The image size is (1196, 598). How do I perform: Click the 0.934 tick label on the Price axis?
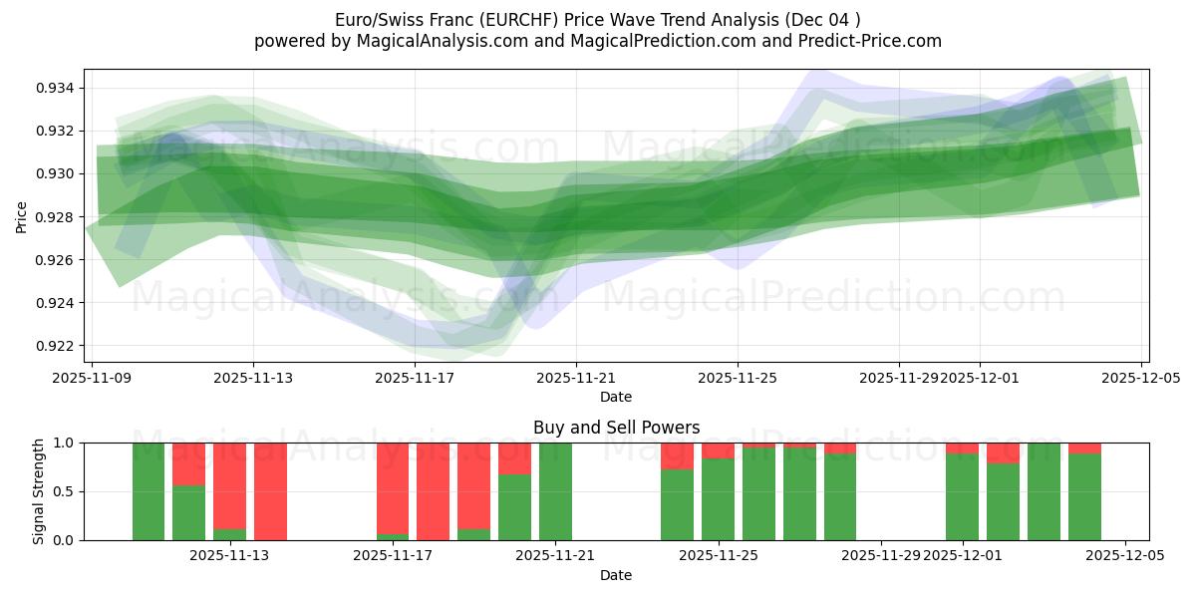[x=56, y=88]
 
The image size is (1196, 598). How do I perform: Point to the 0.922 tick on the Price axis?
[x=56, y=346]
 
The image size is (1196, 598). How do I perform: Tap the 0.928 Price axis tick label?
[x=56, y=217]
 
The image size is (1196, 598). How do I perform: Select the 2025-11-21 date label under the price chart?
[x=576, y=379]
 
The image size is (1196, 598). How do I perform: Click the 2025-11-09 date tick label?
[x=92, y=379]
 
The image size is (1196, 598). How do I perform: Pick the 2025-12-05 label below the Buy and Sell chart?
[x=1125, y=557]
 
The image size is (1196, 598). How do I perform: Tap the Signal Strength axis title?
[x=38, y=491]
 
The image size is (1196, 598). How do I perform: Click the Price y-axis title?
[x=22, y=216]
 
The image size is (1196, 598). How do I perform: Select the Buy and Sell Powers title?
[x=616, y=428]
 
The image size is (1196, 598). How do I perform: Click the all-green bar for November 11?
[x=149, y=491]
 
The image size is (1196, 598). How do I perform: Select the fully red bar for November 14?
[x=270, y=491]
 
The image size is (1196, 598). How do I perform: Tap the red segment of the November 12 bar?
[x=189, y=463]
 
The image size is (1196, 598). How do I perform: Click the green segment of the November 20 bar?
[x=514, y=507]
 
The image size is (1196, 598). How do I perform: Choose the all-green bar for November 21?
[x=555, y=491]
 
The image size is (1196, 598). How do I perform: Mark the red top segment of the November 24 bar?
[x=677, y=455]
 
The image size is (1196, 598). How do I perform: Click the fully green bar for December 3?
[x=1044, y=491]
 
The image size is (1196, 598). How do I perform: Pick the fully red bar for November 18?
[x=433, y=491]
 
